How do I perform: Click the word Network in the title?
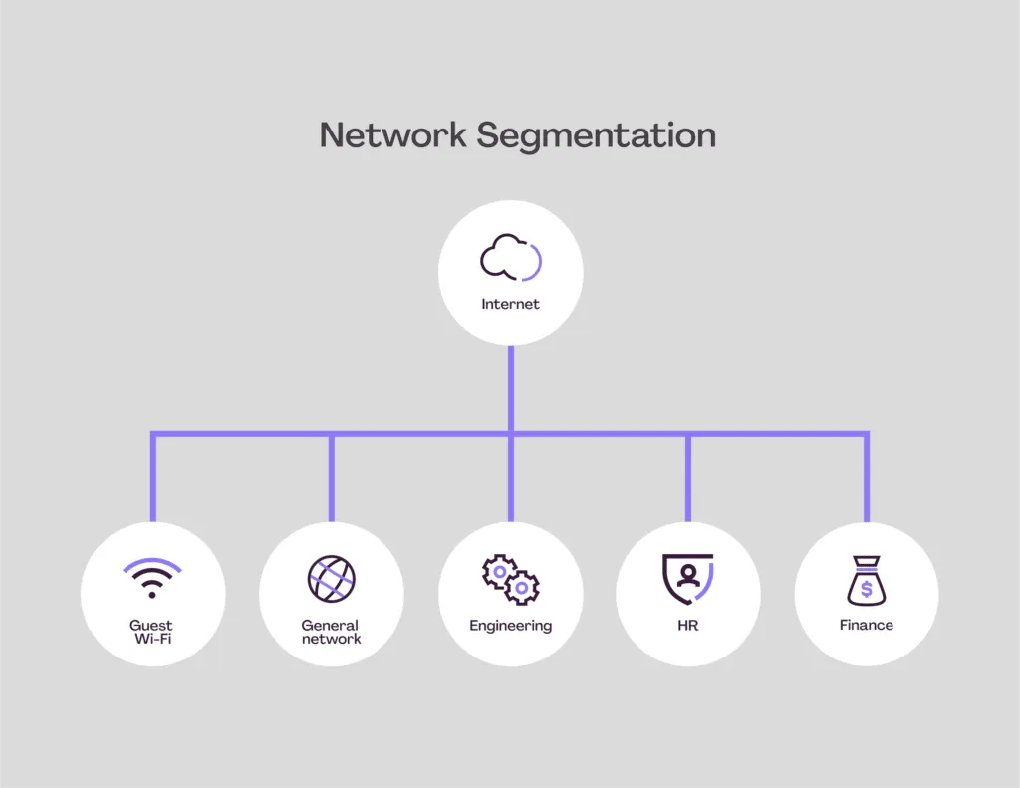(x=392, y=134)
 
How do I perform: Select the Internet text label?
(x=510, y=304)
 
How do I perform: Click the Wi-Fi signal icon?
(x=152, y=578)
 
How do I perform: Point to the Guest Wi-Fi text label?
(x=151, y=632)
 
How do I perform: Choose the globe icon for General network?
(x=331, y=579)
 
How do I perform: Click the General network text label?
(x=331, y=632)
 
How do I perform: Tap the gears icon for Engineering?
(x=510, y=580)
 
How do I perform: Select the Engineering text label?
(x=510, y=626)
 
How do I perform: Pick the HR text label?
(x=687, y=626)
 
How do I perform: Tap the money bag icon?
(x=866, y=581)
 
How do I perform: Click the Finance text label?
(x=866, y=626)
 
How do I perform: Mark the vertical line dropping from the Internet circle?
(x=510, y=389)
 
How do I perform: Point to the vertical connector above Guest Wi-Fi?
(x=153, y=478)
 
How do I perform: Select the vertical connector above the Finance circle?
(x=866, y=478)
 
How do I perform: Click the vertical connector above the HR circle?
(x=687, y=478)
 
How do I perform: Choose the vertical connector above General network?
(x=332, y=478)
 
